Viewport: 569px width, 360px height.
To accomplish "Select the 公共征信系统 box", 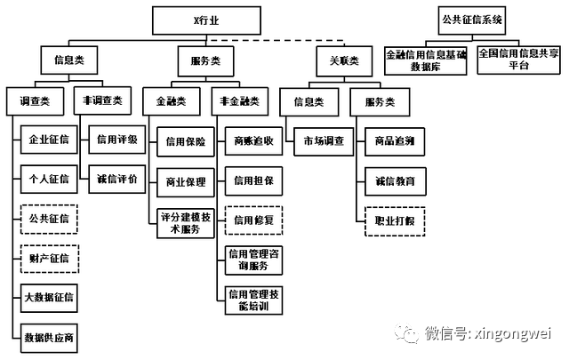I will [x=471, y=18].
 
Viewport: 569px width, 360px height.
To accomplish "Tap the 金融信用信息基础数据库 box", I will [x=426, y=60].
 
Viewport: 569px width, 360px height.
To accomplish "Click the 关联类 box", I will [x=339, y=60].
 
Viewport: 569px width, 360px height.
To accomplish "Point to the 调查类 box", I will [x=35, y=101].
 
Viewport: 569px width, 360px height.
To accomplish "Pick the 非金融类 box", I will [x=238, y=101].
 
